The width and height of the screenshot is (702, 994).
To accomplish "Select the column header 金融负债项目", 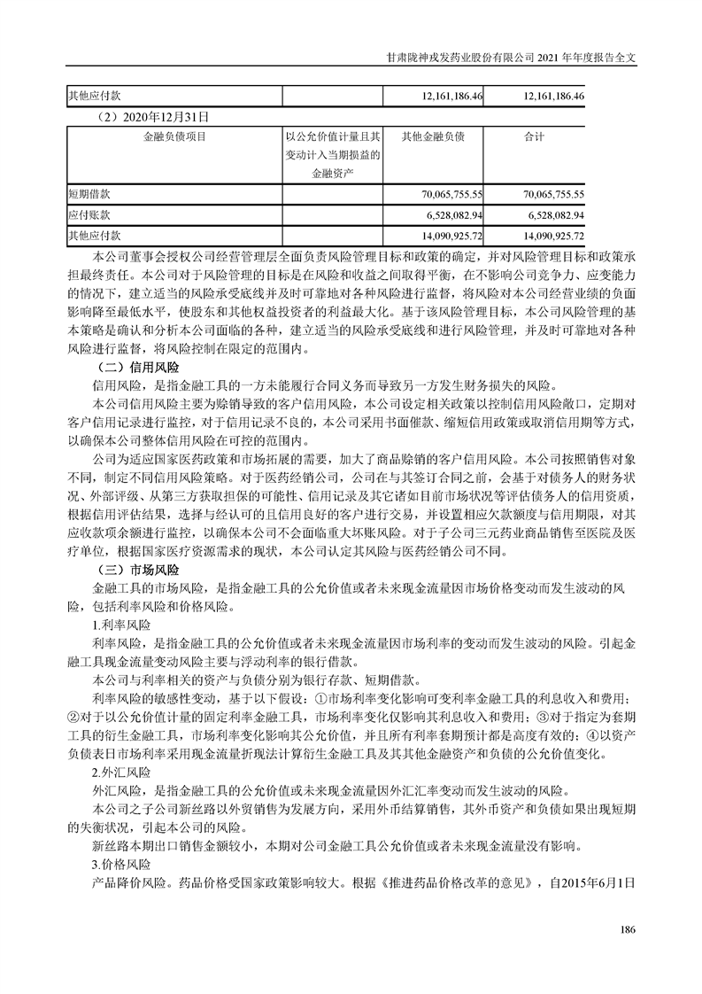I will [x=174, y=136].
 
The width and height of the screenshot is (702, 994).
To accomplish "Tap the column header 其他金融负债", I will [x=434, y=136].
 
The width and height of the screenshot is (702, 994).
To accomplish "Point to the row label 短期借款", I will [x=87, y=193].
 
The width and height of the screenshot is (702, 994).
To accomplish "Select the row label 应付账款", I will [x=87, y=215].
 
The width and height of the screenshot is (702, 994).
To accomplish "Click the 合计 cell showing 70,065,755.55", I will [x=552, y=193].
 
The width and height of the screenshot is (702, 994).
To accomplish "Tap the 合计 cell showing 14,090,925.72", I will [x=552, y=237].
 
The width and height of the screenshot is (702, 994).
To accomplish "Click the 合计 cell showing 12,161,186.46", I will [x=552, y=96].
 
